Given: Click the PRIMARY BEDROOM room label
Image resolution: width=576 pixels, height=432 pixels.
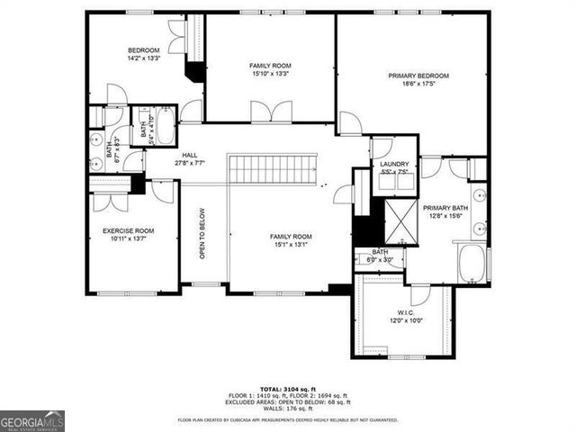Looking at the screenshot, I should coord(418,76).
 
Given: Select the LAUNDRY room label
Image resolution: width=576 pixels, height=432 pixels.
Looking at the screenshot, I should coord(394,164).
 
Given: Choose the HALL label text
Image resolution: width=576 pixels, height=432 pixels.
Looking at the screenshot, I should coord(190,156).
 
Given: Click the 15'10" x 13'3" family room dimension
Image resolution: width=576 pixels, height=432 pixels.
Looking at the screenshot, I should coord(270,75).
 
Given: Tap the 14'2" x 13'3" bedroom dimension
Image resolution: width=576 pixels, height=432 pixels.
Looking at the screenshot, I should coord(143,58).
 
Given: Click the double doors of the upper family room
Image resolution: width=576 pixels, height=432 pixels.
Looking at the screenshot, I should coord(271,112).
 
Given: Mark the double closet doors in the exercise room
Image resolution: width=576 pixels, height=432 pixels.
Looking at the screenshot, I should coord(111,200).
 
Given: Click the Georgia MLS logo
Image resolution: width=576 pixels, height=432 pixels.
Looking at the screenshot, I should coord(32,421).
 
